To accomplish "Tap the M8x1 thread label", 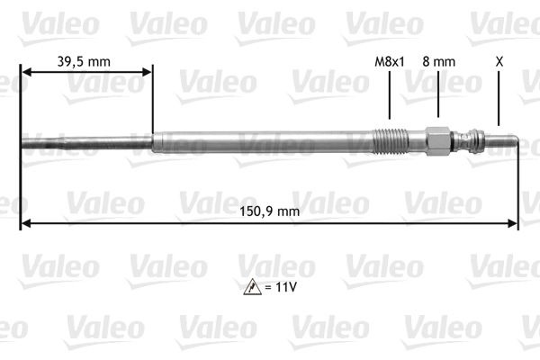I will [x=389, y=62].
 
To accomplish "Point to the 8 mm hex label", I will [x=438, y=62].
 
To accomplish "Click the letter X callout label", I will [x=499, y=62].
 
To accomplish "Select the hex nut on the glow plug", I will [x=436, y=141].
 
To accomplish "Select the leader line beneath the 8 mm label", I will [x=438, y=95].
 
